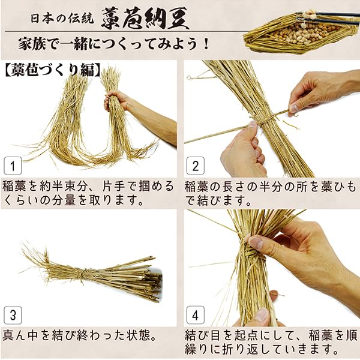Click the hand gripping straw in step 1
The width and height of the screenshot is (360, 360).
[118, 101]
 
